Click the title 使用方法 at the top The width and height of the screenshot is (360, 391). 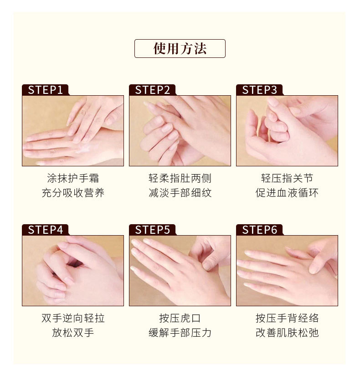pyautogui.click(x=180, y=48)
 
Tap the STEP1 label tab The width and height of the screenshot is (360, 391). pyautogui.click(x=45, y=90)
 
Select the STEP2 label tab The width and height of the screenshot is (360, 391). pyautogui.click(x=152, y=90)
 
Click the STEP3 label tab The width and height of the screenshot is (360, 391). pyautogui.click(x=259, y=90)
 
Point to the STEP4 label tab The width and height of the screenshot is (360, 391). pyautogui.click(x=45, y=230)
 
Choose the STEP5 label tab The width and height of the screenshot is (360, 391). pyautogui.click(x=152, y=230)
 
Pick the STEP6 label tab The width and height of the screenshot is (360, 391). pyautogui.click(x=259, y=230)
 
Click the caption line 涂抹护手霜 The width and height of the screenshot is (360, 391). pyautogui.click(x=73, y=178)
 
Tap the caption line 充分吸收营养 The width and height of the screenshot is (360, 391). pyautogui.click(x=73, y=193)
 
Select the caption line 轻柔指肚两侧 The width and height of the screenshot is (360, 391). pyautogui.click(x=180, y=178)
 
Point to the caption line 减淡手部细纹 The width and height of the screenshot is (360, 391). pyautogui.click(x=180, y=193)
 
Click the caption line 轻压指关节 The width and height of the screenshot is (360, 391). pyautogui.click(x=287, y=178)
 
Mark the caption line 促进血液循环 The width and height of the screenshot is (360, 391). pyautogui.click(x=287, y=193)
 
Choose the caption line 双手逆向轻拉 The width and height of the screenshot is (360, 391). pyautogui.click(x=73, y=318)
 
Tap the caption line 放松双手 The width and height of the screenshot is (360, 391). pyautogui.click(x=73, y=333)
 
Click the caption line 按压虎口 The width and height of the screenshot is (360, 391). pyautogui.click(x=180, y=318)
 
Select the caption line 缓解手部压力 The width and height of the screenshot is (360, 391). pyautogui.click(x=180, y=333)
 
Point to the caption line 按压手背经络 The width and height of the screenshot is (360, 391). pyautogui.click(x=287, y=318)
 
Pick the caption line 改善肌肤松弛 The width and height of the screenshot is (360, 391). pyautogui.click(x=287, y=333)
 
